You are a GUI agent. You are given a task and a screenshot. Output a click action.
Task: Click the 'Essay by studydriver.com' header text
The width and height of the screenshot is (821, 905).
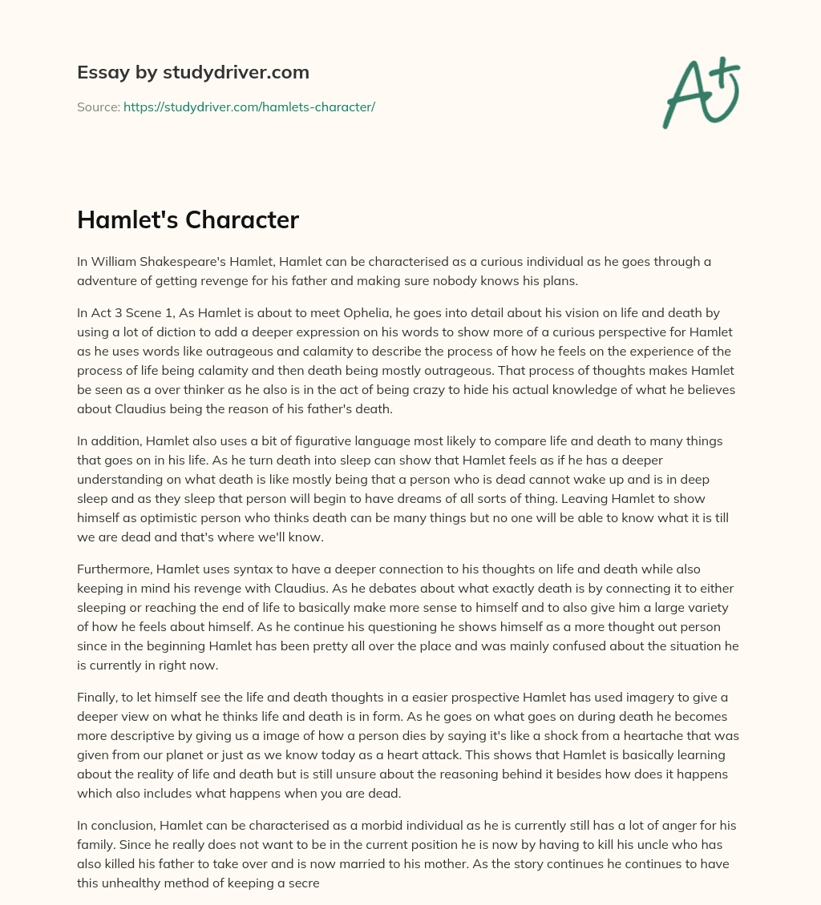pyautogui.click(x=193, y=72)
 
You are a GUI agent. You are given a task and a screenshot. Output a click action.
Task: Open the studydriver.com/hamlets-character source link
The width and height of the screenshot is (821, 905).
pyautogui.click(x=249, y=107)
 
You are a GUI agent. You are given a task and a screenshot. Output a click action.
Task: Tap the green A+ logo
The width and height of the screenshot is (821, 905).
pyautogui.click(x=700, y=93)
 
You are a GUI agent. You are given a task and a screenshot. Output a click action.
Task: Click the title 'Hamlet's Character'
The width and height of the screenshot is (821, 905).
pyautogui.click(x=188, y=221)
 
